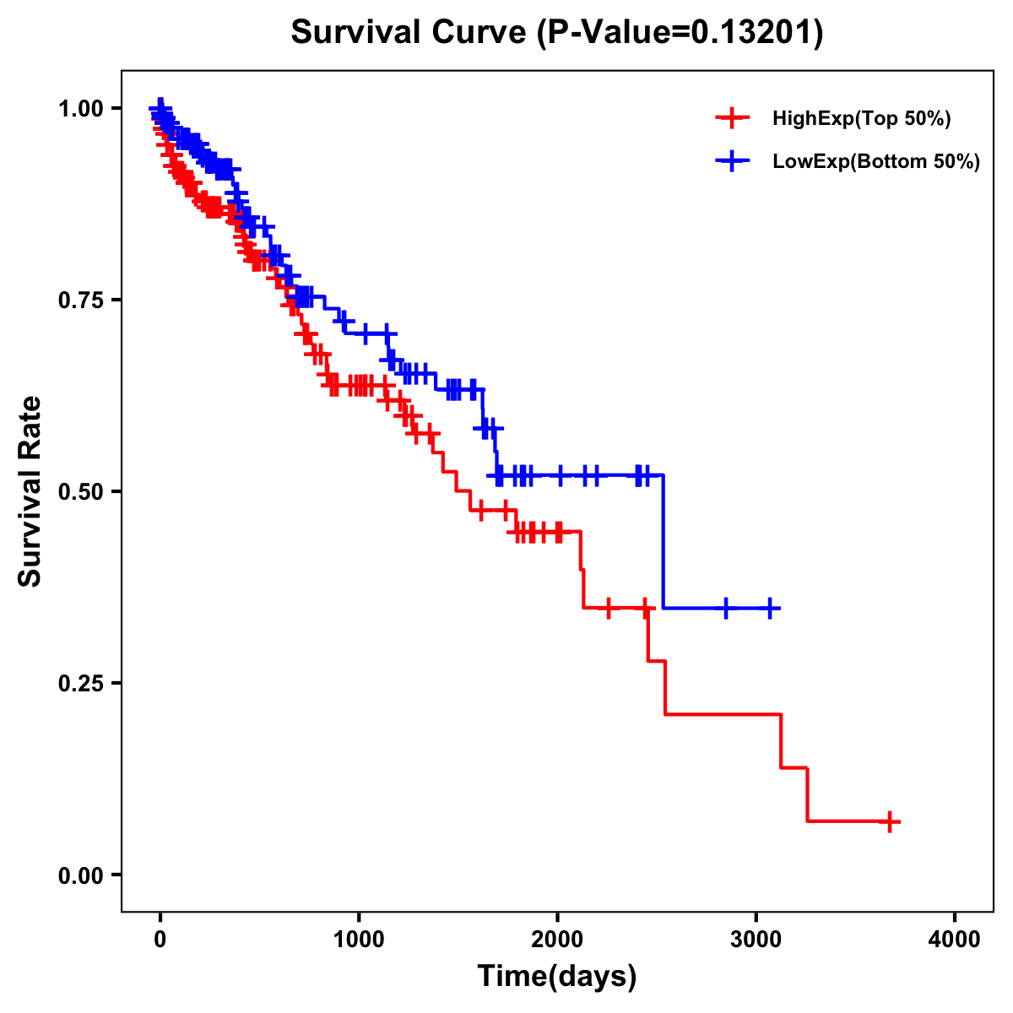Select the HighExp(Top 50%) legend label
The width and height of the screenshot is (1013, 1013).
(861, 119)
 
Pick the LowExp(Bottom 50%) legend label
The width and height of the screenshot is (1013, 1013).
(876, 162)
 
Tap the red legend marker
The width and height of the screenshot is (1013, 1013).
(732, 118)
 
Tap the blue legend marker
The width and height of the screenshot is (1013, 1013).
(732, 161)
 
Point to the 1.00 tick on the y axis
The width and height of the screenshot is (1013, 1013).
(81, 109)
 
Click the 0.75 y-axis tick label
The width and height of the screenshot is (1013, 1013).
(81, 301)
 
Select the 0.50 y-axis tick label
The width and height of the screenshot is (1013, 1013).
(81, 492)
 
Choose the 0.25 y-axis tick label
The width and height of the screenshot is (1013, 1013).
(81, 684)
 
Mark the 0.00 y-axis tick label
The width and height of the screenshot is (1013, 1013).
(81, 875)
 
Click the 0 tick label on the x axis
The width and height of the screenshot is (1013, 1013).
(160, 939)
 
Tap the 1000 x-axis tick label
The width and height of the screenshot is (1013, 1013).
(359, 939)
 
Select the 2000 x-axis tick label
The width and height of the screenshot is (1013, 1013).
(557, 939)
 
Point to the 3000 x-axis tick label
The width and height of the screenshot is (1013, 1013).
(756, 939)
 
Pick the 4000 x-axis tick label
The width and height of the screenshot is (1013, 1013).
(955, 939)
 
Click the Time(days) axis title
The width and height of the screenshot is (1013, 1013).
(557, 977)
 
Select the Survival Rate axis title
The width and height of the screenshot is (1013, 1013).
(30, 491)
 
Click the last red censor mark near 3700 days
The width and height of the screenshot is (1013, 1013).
(889, 821)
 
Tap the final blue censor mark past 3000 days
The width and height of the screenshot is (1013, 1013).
(769, 608)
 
